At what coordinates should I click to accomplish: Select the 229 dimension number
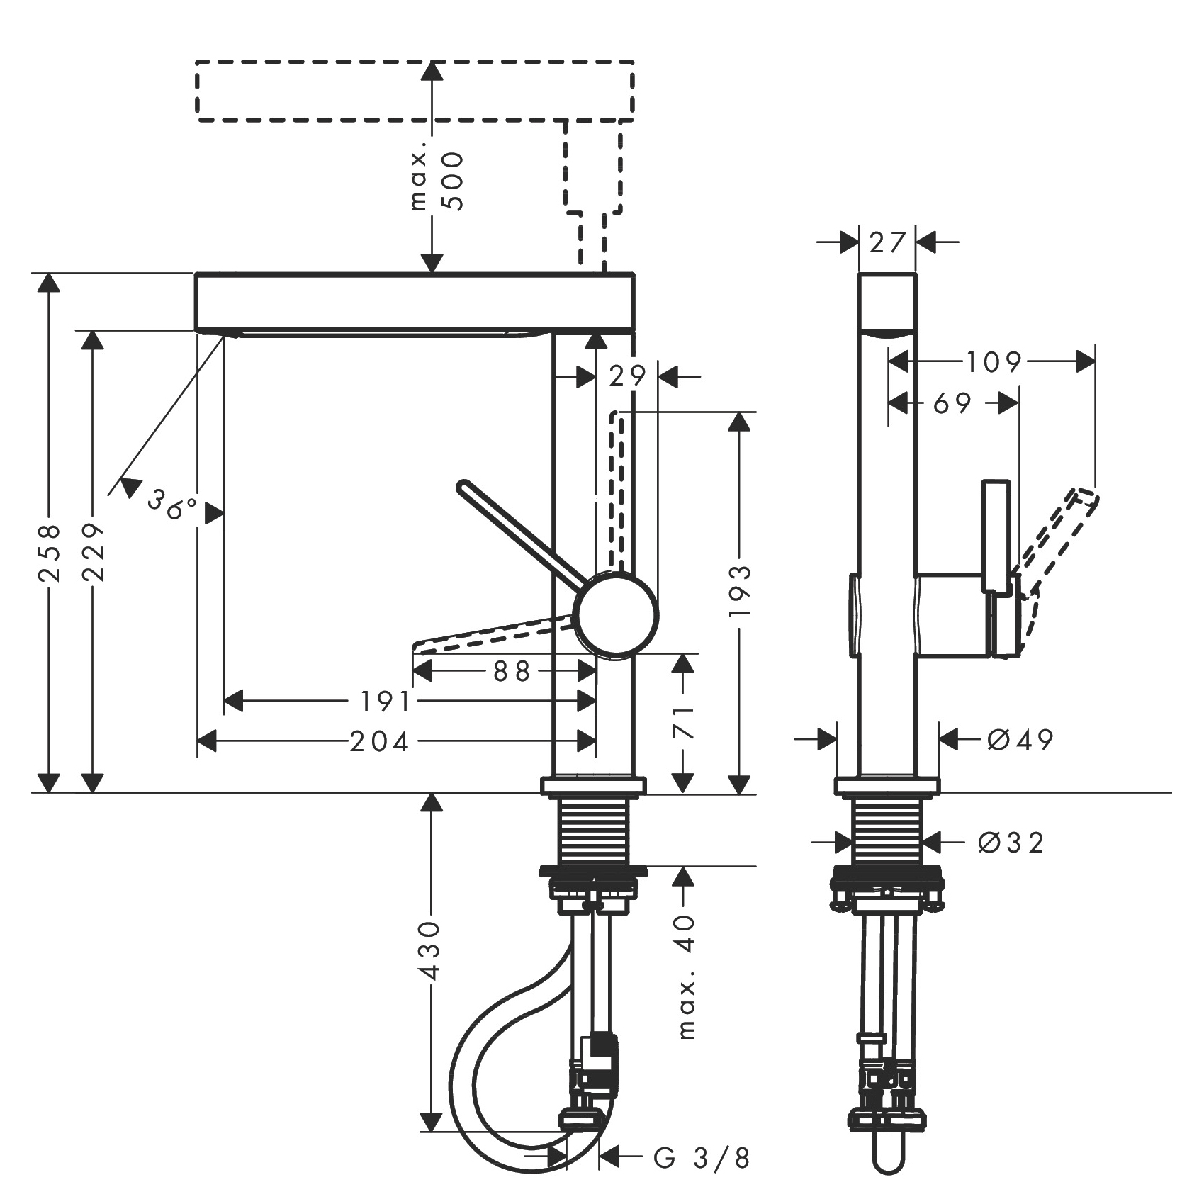click(93, 553)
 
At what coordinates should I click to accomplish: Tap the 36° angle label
click(172, 505)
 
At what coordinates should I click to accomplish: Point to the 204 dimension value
click(380, 742)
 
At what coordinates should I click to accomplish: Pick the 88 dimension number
click(512, 671)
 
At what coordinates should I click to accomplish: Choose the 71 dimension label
click(682, 721)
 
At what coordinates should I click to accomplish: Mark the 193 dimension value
click(739, 590)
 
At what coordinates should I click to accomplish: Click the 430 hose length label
click(431, 950)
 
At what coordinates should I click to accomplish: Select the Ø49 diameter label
click(1020, 740)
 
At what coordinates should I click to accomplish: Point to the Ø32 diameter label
click(1011, 843)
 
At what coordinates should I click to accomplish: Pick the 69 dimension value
click(952, 403)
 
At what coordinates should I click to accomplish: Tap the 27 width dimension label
click(887, 243)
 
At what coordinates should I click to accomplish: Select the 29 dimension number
click(628, 376)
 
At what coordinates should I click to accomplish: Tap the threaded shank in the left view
click(594, 832)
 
